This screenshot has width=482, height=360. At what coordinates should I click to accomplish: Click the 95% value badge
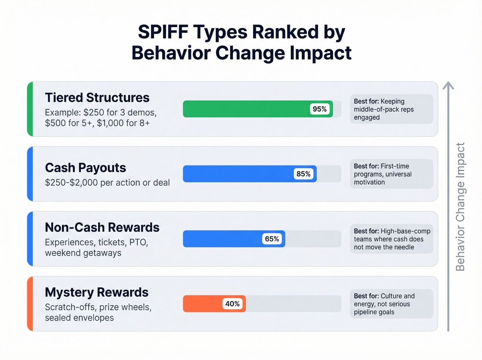[319, 109]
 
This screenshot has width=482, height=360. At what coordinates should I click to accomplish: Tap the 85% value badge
[303, 174]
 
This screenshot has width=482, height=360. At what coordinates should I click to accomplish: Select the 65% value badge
[272, 239]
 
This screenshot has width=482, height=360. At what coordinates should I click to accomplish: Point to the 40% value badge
[232, 304]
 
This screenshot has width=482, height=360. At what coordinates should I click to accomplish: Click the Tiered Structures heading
[97, 97]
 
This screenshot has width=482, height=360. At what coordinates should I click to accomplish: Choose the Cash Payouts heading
[85, 168]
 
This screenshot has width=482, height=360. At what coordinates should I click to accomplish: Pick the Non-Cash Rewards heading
[102, 227]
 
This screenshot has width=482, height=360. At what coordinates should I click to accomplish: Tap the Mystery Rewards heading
[96, 292]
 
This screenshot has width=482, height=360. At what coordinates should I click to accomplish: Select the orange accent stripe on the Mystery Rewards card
[30, 304]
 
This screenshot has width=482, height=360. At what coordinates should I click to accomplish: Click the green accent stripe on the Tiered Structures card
[30, 109]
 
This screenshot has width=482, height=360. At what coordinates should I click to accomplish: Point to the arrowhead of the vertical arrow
[448, 85]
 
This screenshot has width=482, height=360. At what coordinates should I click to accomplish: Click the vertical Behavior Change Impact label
[460, 207]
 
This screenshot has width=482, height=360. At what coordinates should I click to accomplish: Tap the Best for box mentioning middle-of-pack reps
[391, 109]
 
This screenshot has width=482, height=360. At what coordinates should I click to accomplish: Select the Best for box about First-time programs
[391, 174]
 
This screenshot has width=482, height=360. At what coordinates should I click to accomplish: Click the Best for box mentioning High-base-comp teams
[391, 239]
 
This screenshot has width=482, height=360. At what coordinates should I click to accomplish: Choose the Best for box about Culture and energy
[391, 304]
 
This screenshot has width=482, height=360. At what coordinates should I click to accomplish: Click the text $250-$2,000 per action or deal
[107, 183]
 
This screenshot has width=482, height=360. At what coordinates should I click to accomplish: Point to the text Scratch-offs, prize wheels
[98, 307]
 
